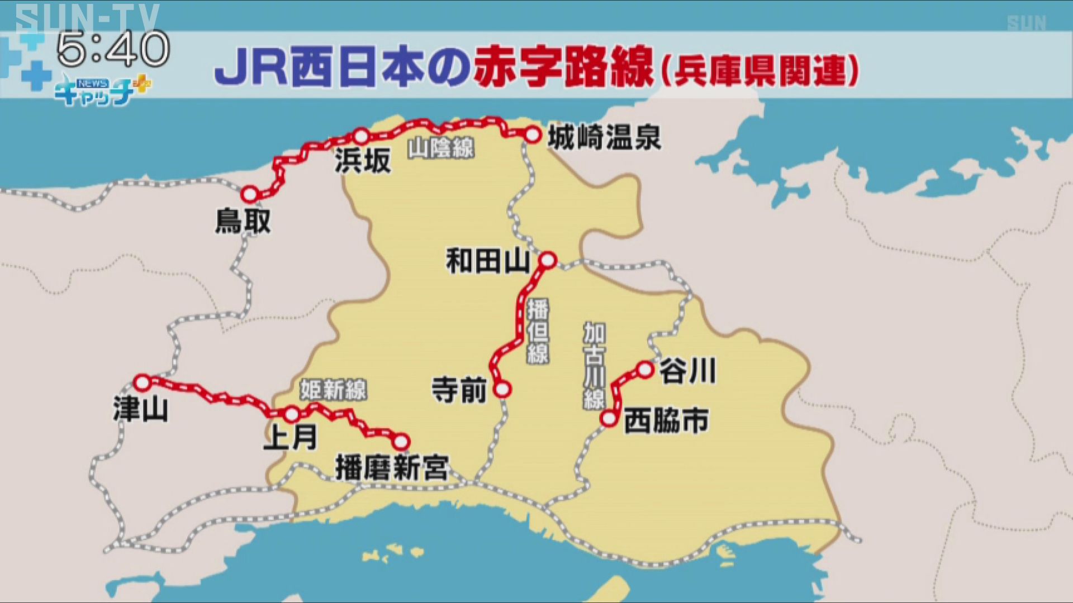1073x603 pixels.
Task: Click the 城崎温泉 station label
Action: [x=604, y=137]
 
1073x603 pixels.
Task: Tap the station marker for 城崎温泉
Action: [x=533, y=135]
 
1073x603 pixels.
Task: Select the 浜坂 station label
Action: [x=363, y=161]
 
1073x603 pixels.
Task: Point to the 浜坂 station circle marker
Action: [x=362, y=136]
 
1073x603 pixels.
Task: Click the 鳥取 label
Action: [x=243, y=221]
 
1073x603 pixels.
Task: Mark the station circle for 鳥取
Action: [x=250, y=194]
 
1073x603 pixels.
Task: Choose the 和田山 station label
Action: [x=487, y=261]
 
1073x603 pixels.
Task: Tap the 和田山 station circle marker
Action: [x=548, y=260]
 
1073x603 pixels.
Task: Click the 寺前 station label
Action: [x=459, y=389]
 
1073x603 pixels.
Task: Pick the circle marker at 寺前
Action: [x=502, y=389]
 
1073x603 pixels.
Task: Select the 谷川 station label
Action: [x=687, y=371]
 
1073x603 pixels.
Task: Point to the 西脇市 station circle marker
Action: [x=609, y=419]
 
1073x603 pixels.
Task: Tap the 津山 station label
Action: [x=140, y=409]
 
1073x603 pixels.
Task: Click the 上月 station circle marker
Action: [x=291, y=414]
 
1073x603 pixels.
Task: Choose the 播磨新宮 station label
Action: [x=392, y=468]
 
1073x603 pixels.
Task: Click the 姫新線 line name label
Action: [x=333, y=389]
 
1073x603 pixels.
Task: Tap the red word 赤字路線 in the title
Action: [x=563, y=68]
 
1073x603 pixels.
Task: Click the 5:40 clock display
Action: [x=113, y=49]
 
